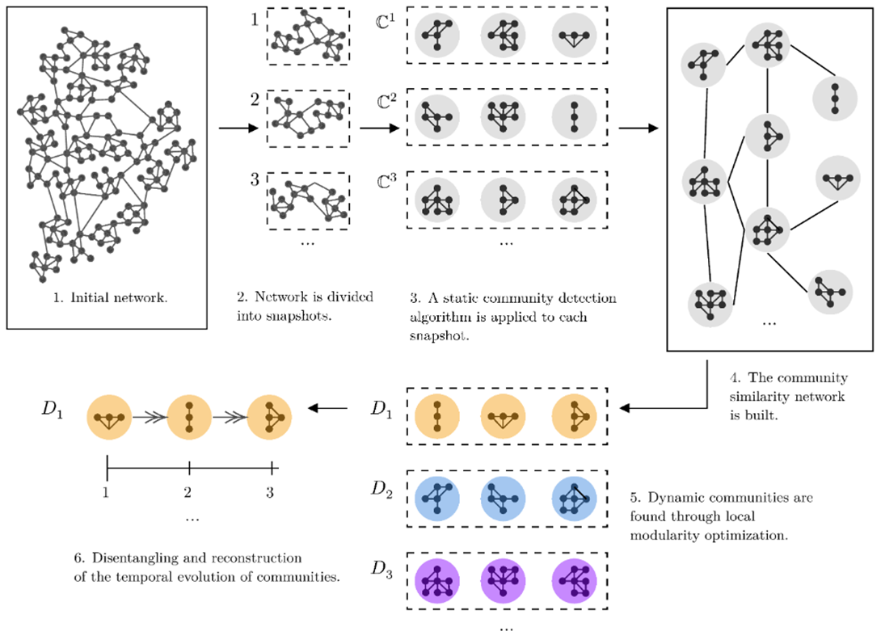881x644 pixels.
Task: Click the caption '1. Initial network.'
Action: point(111,297)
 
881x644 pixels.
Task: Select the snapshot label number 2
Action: point(255,101)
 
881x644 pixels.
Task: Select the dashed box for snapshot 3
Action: point(308,200)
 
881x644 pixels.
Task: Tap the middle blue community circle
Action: point(503,499)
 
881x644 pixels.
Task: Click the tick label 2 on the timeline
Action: point(188,490)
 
